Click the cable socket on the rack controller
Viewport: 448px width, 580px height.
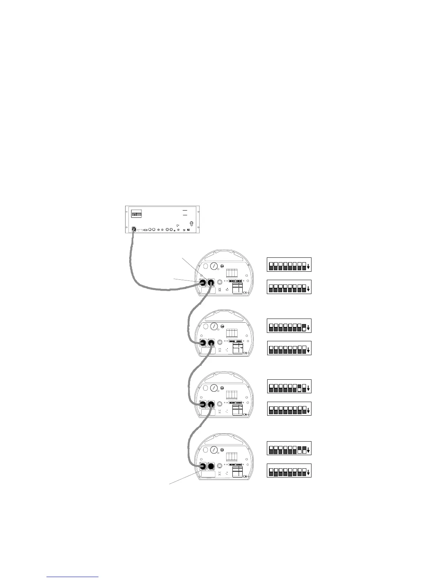134,229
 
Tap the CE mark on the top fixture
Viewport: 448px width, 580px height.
245,292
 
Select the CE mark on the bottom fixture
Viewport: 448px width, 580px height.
245,476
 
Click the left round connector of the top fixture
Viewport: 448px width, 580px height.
202,283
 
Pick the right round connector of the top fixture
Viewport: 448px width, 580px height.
211,283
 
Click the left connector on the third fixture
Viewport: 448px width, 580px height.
202,405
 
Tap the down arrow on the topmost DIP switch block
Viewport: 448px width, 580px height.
309,267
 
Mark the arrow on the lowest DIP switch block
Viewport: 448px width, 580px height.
309,472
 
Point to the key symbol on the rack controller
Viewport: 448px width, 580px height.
178,225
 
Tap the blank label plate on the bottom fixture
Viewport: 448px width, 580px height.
208,474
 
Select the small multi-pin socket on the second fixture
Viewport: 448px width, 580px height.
220,343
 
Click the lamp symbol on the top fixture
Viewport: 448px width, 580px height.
220,290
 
